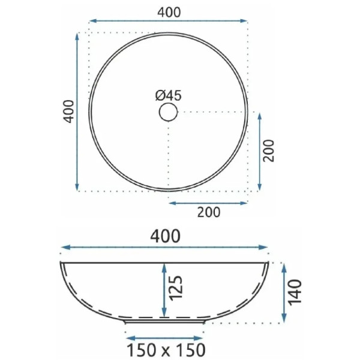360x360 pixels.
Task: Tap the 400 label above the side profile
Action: click(166, 236)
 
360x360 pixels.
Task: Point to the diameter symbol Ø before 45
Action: click(160, 95)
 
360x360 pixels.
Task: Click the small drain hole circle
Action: click(169, 112)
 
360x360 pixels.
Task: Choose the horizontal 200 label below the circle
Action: click(209, 212)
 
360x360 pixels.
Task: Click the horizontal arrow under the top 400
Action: click(168, 21)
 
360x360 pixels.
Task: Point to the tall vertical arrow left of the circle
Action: click(78, 112)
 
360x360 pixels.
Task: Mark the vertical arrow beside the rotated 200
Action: click(259, 151)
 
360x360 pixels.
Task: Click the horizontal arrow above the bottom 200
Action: click(208, 203)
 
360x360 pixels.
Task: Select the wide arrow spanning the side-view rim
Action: click(166, 247)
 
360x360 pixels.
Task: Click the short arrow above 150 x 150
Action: click(166, 338)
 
